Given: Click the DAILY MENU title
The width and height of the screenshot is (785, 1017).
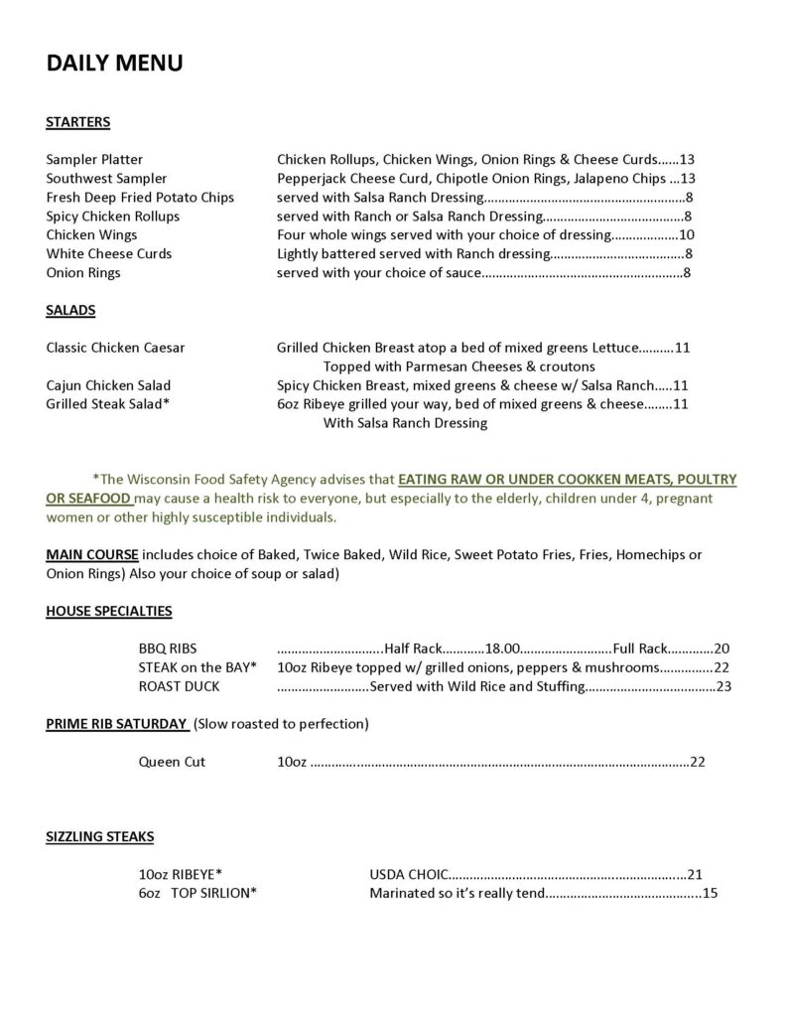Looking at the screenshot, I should coord(114,64).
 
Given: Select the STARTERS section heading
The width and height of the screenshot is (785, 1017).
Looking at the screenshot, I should coord(77,123).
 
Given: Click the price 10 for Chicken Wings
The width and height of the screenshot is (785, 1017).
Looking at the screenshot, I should coord(686,235).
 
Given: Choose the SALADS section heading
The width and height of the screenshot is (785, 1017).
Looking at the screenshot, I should coord(70,311).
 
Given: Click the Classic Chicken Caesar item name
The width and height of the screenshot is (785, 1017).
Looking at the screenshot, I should coord(115,349).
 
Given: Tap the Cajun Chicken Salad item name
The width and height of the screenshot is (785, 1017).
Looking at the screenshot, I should coord(108,386).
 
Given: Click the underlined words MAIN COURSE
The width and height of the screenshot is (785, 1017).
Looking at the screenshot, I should coord(93,554).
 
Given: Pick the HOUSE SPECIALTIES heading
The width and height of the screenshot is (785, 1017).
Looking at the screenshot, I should coord(108,611).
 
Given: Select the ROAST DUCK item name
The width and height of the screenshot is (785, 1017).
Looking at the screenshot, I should coord(179,686).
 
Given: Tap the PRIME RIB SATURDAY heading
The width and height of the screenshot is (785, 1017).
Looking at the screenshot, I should coord(117,724).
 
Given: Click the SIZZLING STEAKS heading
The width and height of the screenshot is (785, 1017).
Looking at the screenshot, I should coord(99,837).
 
